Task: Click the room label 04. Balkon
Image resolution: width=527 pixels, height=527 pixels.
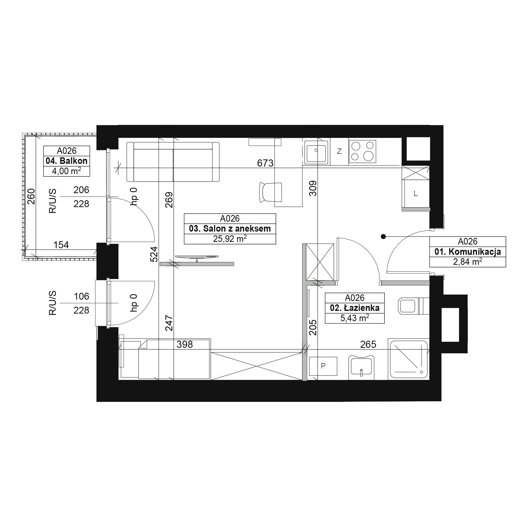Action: coord(67,161)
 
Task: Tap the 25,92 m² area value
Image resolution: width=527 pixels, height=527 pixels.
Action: coord(230,239)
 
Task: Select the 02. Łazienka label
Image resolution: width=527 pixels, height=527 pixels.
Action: coord(355,308)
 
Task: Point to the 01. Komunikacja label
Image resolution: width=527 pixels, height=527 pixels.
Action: coord(467,251)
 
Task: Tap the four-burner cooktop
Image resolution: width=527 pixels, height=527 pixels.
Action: coord(362,152)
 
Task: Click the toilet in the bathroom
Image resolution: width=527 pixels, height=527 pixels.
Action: coord(413,305)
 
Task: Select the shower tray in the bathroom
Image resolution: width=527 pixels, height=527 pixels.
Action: coord(408,359)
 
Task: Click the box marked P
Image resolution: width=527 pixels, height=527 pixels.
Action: coord(323,366)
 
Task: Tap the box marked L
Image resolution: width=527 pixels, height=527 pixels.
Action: coord(416,194)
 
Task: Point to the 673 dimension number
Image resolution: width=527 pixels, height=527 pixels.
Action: coord(265,163)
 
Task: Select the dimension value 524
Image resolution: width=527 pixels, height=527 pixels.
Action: coord(154,254)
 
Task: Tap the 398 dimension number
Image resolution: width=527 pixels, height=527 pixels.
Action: coord(185,344)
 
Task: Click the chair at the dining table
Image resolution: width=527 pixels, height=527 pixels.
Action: coord(270,192)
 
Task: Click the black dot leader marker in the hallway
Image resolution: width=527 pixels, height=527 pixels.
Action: coord(383,237)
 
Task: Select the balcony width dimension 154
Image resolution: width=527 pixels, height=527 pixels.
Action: coord(61,245)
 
